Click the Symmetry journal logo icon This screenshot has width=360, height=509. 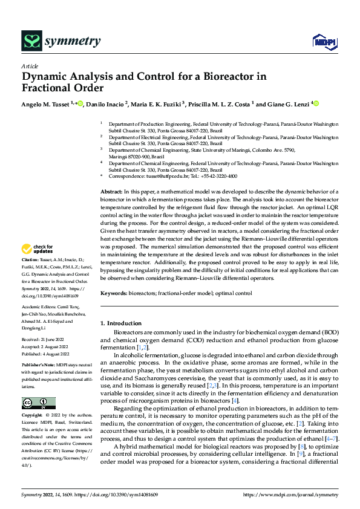31,41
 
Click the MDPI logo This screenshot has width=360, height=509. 323,41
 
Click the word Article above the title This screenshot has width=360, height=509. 30,66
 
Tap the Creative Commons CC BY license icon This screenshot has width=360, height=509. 38,403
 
